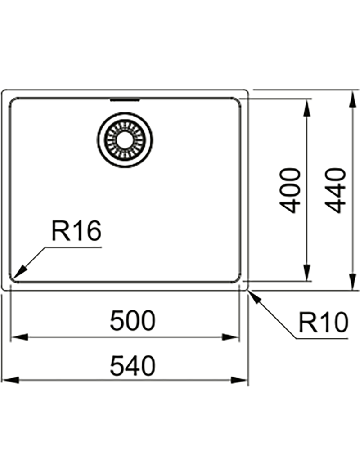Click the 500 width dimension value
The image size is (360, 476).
(133, 320)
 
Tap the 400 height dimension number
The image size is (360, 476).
(290, 190)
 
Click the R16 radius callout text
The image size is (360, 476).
(76, 231)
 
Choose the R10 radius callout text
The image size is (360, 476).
(323, 323)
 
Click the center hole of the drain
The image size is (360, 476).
(125, 139)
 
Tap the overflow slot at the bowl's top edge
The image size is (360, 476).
(125, 99)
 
